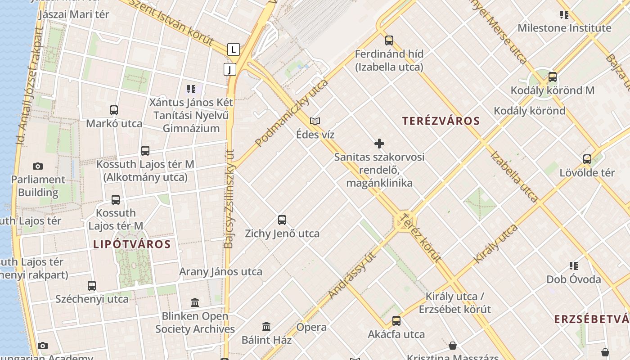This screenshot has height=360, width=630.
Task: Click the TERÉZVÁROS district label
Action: (x=441, y=121)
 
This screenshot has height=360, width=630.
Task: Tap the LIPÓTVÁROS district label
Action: (x=132, y=244)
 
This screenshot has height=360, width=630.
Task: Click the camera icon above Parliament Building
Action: (x=38, y=166)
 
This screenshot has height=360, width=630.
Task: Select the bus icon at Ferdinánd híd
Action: (x=389, y=40)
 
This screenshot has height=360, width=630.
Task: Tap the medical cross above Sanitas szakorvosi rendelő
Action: (x=379, y=144)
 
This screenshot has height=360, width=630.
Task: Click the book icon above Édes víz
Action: (x=315, y=121)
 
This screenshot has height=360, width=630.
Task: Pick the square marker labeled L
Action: (x=233, y=49)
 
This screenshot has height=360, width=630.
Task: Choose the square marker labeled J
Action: (x=229, y=69)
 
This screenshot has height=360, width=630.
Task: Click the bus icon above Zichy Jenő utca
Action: (x=282, y=220)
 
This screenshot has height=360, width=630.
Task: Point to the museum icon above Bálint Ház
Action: (x=266, y=326)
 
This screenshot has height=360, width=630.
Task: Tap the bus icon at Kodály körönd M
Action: (x=553, y=77)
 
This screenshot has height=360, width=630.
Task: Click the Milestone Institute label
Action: (x=564, y=28)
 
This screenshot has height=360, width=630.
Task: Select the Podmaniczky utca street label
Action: (x=292, y=113)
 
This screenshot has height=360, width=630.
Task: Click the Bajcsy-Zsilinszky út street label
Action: (x=229, y=198)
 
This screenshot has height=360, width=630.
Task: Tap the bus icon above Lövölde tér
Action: (x=587, y=159)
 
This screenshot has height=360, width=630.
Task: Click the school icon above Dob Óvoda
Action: (x=573, y=266)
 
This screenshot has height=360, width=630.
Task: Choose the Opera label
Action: (x=311, y=327)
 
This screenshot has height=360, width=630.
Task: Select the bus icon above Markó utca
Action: (x=114, y=110)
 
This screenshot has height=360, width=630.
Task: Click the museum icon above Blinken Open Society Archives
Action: (x=195, y=302)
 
